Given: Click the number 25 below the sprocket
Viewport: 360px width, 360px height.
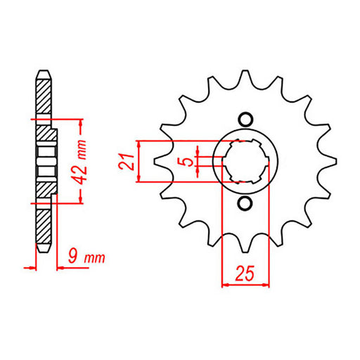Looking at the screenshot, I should click(x=245, y=273).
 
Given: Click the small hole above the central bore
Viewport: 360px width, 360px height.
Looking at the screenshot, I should click(x=245, y=119).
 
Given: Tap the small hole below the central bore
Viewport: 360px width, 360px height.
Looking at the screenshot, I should click(x=245, y=203).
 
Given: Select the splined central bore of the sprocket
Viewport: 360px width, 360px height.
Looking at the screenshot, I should click(x=245, y=161).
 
